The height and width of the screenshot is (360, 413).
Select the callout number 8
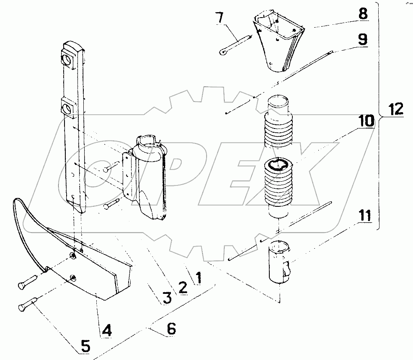click(x=363, y=13)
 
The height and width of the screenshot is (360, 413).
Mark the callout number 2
click(x=182, y=287)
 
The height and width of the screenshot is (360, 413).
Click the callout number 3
click(x=167, y=298)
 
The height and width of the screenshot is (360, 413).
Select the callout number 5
click(x=85, y=346)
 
